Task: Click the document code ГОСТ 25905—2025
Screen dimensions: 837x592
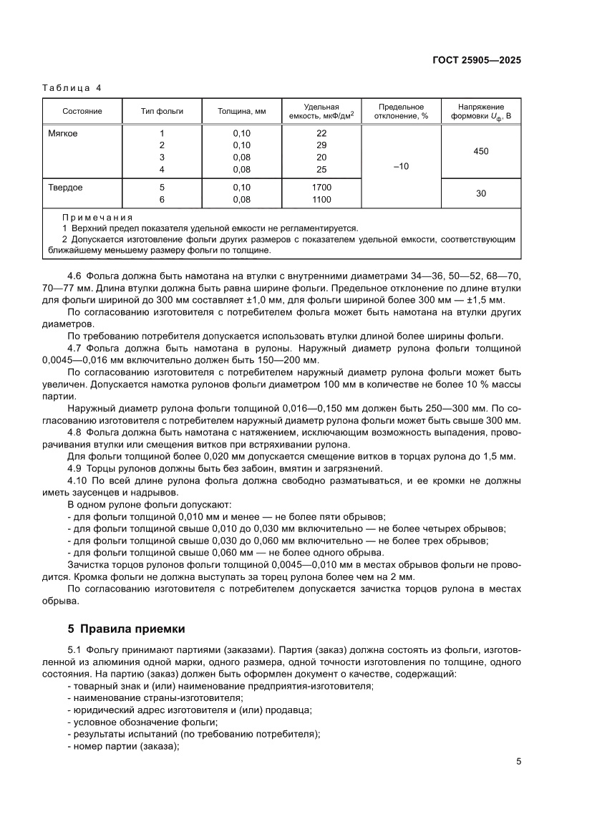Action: [476, 60]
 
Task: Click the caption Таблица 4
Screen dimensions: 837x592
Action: [72, 88]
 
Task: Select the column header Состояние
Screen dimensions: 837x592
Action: [82, 111]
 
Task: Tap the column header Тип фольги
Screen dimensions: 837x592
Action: [162, 111]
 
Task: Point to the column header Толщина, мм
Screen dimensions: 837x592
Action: [242, 111]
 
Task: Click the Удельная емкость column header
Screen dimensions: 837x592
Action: [321, 111]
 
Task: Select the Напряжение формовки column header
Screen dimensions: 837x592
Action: [482, 111]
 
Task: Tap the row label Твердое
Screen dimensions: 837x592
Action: [65, 188]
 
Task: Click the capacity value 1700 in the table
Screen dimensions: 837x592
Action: [321, 188]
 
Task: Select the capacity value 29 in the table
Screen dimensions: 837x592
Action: [321, 145]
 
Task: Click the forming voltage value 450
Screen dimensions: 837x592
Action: [482, 151]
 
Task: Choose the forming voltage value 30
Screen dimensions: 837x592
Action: [482, 193]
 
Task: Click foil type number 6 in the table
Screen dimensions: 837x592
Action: [162, 200]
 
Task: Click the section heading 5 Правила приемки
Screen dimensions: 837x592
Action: [126, 629]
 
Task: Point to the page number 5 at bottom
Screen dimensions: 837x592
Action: [518, 761]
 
